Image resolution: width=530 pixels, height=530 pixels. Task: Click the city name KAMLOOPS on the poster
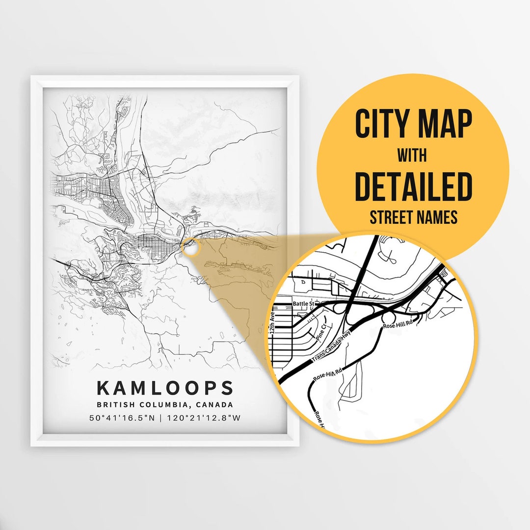pos(165,388)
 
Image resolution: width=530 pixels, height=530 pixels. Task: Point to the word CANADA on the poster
pos(214,405)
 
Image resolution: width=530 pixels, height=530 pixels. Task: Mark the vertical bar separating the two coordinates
pos(164,419)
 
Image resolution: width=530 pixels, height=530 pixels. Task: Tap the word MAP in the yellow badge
pos(444,124)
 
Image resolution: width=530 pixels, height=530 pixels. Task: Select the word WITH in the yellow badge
pos(412,156)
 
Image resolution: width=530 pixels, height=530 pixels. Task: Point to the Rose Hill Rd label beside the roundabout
pos(398,324)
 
